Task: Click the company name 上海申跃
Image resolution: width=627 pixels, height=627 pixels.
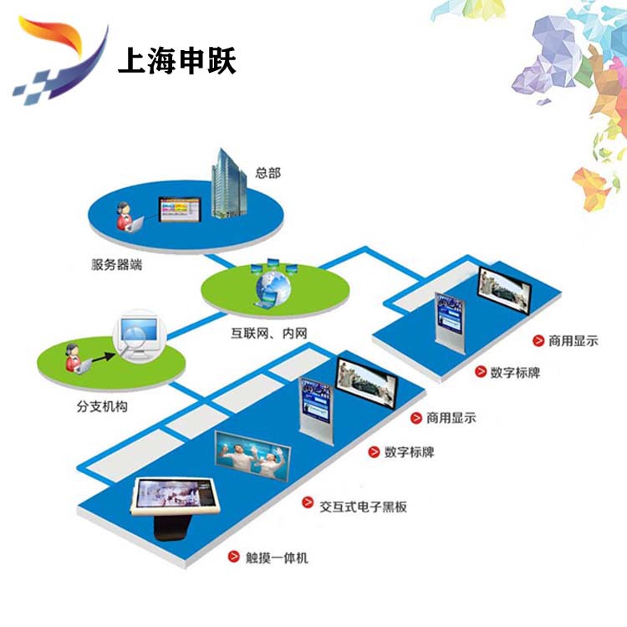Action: (177, 60)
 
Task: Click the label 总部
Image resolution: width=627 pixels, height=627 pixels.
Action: (268, 173)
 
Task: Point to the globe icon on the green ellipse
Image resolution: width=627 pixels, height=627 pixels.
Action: (273, 287)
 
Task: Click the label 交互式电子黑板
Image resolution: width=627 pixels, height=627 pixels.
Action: (363, 507)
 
